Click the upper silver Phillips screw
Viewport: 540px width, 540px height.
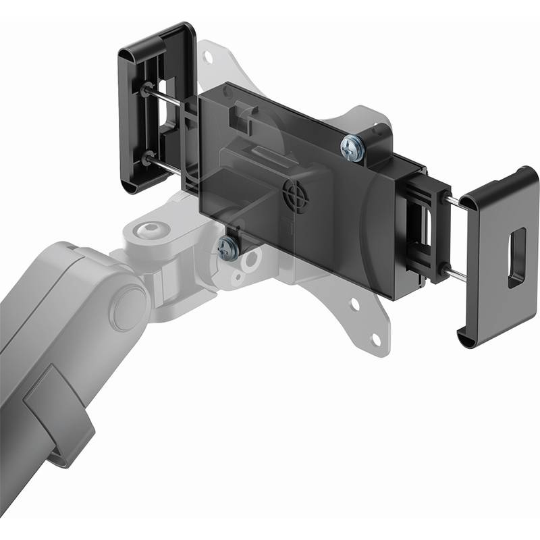point(353,148)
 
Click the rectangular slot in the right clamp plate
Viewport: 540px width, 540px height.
point(517,257)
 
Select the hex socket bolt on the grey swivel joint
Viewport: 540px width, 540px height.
point(146,231)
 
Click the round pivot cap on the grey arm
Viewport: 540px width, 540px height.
point(129,305)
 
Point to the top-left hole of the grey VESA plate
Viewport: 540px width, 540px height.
point(208,57)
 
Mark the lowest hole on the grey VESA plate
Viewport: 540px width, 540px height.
point(376,343)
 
